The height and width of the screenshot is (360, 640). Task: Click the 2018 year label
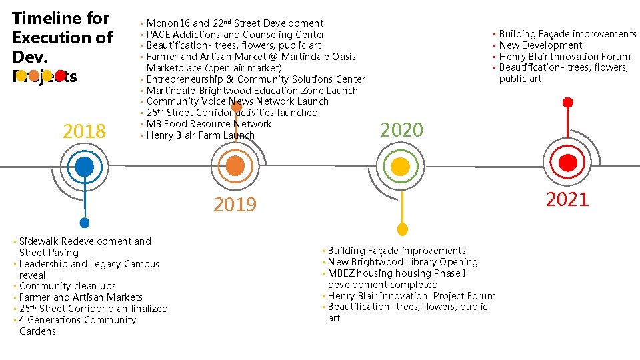pos(84,132)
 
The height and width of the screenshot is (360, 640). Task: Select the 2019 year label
pos(235,205)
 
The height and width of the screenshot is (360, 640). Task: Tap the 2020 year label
pos(401,130)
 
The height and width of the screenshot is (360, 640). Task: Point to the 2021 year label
pos(567,199)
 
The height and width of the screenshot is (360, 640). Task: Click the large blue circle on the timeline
pos(85,165)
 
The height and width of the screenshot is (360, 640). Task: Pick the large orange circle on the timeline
pos(235,165)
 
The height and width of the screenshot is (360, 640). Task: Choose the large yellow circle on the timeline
pos(401,165)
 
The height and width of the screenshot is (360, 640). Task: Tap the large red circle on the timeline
pos(567,163)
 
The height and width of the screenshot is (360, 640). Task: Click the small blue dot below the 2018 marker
pos(85,223)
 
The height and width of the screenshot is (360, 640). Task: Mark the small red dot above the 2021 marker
pos(567,103)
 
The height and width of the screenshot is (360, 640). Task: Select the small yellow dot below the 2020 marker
pos(402,229)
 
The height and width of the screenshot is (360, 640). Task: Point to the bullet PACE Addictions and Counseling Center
pos(235,35)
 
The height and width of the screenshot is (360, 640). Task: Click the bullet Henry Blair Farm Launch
pos(200,135)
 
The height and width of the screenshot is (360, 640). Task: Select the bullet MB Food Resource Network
pos(209,124)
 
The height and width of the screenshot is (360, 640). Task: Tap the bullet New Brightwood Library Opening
pos(403,262)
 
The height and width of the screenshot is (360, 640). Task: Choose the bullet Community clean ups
pos(67,286)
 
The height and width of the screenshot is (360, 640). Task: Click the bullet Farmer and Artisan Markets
pos(81,297)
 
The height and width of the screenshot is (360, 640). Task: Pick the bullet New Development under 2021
pos(540,45)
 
